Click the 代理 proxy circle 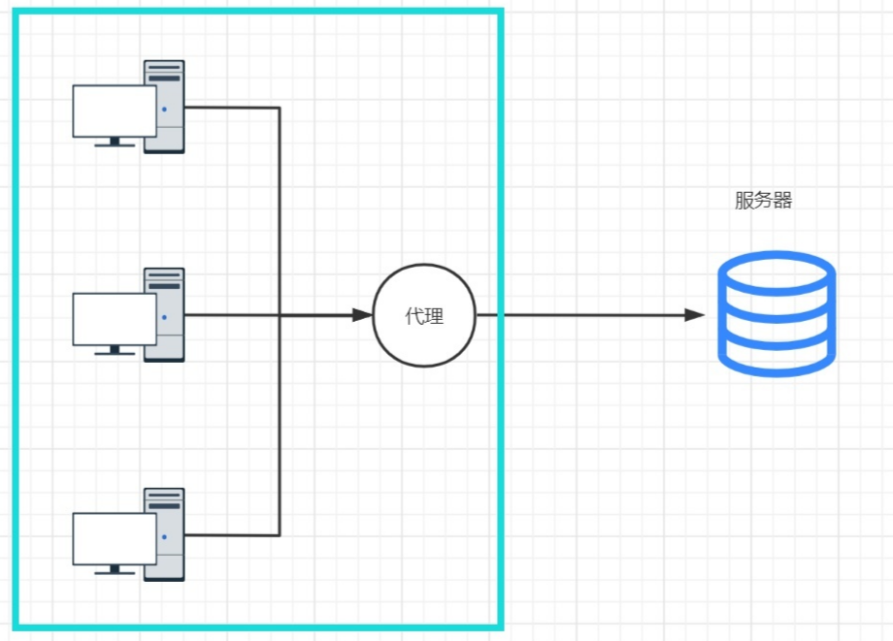424,316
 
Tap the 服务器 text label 763,200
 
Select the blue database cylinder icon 777,313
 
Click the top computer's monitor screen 115,111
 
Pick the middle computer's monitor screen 115,319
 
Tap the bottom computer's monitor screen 115,538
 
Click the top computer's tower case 164,107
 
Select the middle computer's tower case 164,314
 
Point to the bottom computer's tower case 164,534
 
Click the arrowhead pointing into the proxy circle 362,314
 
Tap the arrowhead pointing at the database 695,314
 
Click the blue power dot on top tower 165,110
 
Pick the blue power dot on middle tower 165,317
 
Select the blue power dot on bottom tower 165,537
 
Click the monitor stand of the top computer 115,143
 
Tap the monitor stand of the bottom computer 115,569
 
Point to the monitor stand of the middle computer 115,350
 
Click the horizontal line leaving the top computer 232,107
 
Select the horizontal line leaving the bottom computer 232,535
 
